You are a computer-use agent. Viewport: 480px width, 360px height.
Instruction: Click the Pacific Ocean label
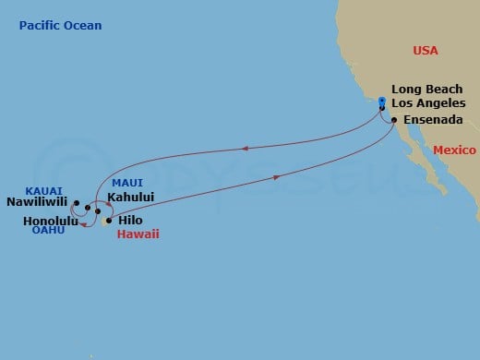[60, 26]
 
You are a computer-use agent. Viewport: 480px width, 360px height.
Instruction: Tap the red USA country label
[426, 50]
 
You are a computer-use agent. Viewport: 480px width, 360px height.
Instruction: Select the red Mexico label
[454, 150]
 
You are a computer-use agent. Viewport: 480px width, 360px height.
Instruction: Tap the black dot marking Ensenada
[394, 121]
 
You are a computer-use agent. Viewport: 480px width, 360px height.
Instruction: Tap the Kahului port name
[130, 197]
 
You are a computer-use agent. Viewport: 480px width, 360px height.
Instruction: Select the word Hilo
[130, 221]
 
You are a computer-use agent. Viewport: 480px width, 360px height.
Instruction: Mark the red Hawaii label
[138, 234]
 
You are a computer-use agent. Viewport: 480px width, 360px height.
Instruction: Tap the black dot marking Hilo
[108, 222]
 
